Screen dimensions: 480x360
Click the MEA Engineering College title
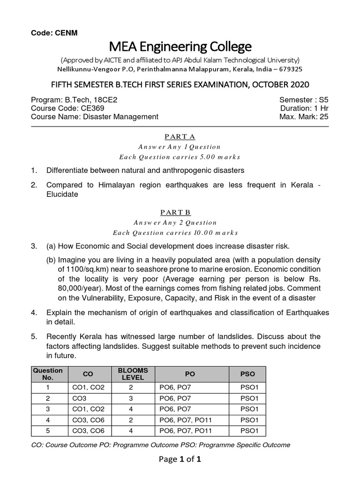click(180, 47)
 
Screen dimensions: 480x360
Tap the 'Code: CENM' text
click(54, 33)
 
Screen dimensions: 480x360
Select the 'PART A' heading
click(180, 136)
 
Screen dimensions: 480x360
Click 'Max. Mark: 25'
click(304, 117)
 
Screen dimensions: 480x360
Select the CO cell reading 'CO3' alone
click(88, 398)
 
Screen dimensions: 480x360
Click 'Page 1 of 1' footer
click(180, 459)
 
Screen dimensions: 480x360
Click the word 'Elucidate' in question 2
click(62, 194)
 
